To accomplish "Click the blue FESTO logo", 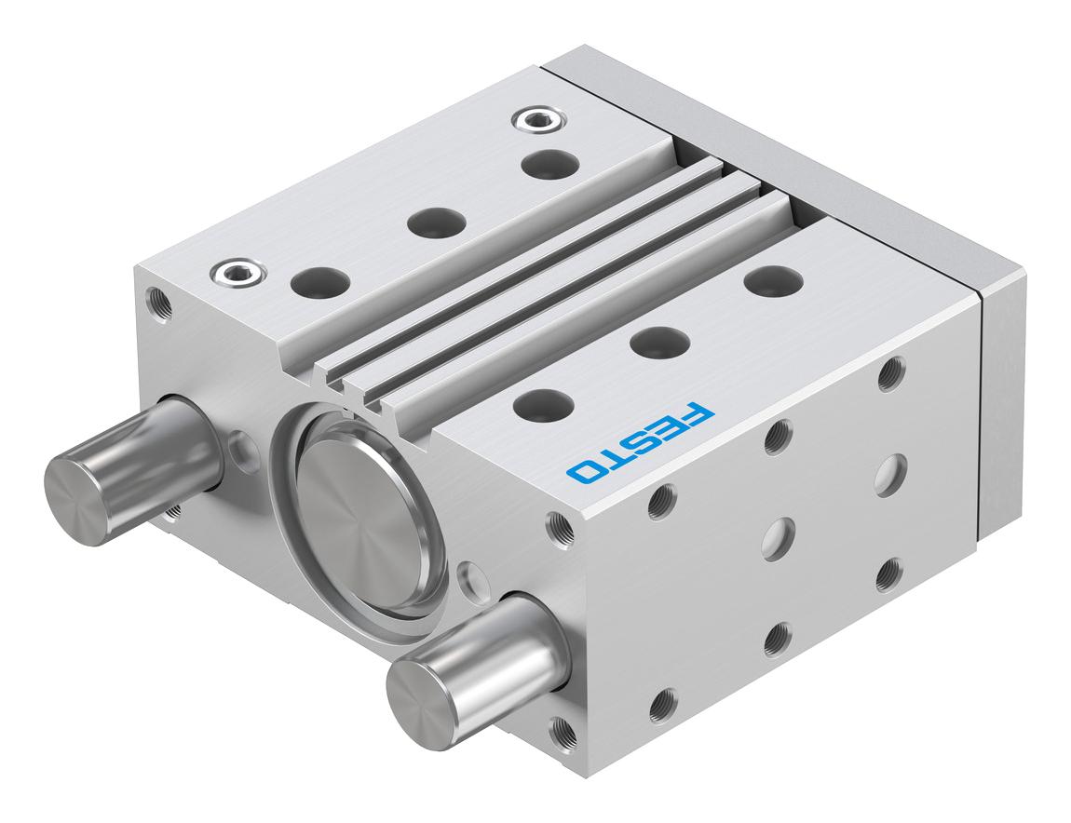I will tap(640, 442).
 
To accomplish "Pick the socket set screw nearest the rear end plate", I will tap(535, 119).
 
